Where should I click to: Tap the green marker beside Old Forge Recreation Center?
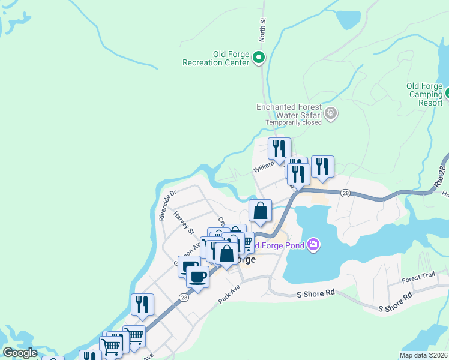(259, 58)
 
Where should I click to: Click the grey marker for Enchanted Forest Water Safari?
(331, 112)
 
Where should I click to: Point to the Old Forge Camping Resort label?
(425, 94)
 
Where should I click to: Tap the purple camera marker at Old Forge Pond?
(313, 244)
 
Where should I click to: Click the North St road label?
(262, 29)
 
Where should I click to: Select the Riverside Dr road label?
(167, 205)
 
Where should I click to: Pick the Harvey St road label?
(184, 223)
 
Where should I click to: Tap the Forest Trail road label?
(418, 278)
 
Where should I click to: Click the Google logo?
(20, 353)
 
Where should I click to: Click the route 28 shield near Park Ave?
(183, 298)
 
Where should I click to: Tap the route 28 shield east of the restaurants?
(345, 193)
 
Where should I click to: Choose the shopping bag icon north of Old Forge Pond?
(260, 211)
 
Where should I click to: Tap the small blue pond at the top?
(348, 20)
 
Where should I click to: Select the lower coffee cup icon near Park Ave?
(197, 277)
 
